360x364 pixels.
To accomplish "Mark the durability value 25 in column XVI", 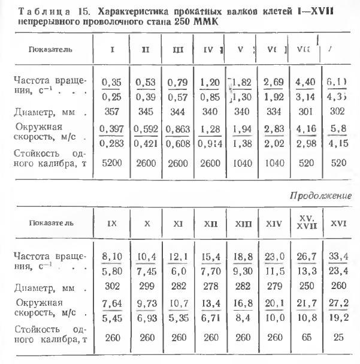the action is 339,337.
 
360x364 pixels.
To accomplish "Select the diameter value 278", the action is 210,287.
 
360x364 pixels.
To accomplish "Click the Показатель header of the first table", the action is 46,49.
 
